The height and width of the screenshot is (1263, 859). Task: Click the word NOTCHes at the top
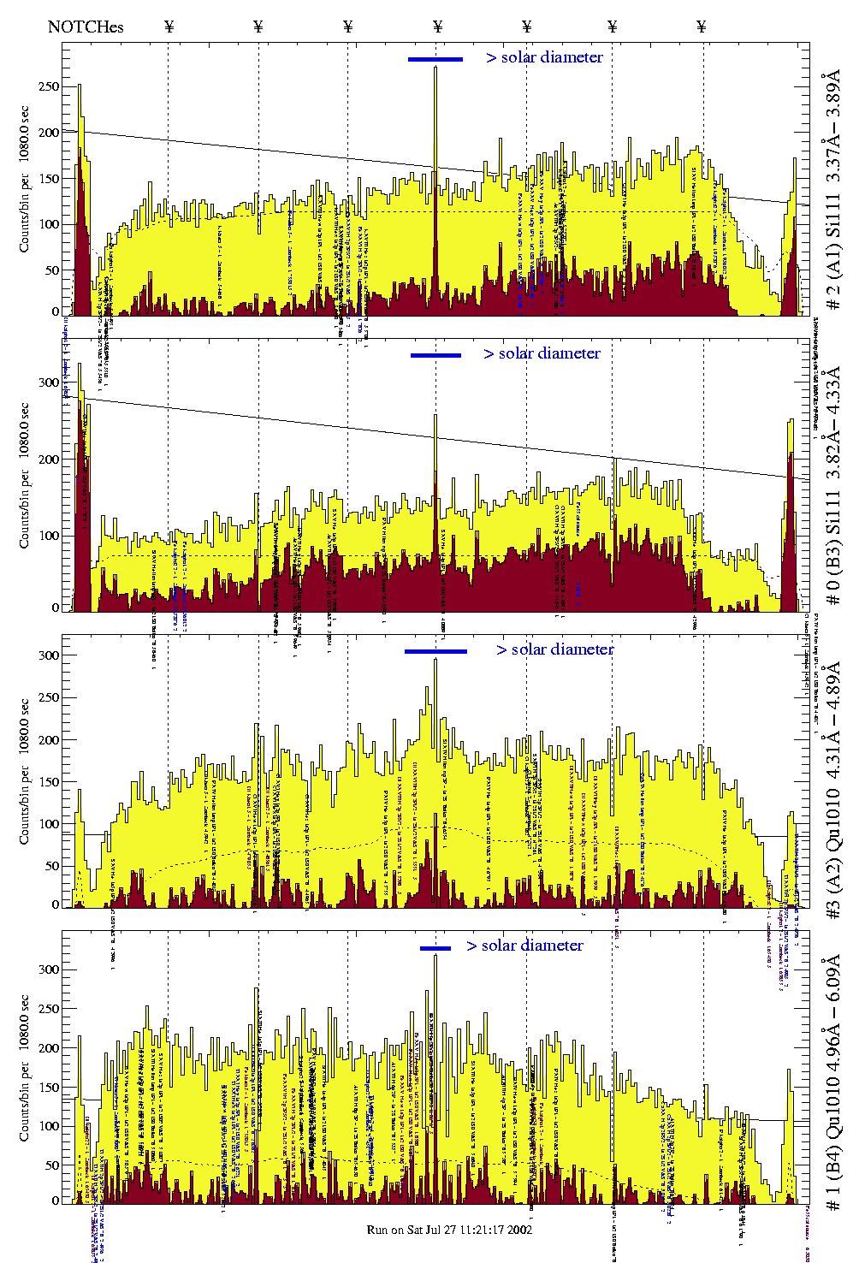(x=86, y=27)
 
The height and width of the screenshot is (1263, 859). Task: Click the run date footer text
(x=449, y=1230)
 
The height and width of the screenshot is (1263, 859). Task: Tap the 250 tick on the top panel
(x=48, y=86)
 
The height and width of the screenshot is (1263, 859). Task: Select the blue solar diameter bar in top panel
(x=435, y=59)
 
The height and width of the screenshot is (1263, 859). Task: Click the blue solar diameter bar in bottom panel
(x=435, y=948)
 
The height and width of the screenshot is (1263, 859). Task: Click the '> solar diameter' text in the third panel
(x=554, y=649)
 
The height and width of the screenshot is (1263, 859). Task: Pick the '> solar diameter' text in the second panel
(x=542, y=353)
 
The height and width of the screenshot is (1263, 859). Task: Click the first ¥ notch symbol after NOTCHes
(x=169, y=27)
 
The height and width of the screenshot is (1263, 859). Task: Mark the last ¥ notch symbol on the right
(x=702, y=27)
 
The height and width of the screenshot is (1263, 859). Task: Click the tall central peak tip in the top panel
(x=435, y=68)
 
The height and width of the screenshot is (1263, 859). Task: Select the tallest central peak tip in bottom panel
(x=435, y=956)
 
